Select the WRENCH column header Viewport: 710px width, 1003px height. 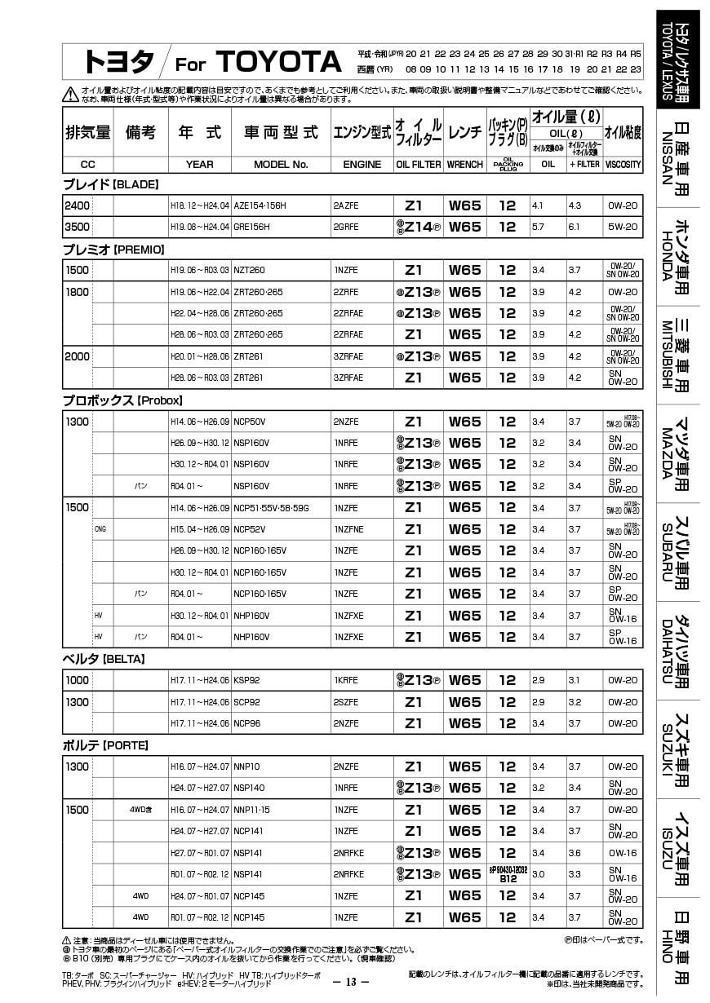[465, 164]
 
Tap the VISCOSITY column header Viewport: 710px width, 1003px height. [623, 164]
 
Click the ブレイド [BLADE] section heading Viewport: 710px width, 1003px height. [110, 184]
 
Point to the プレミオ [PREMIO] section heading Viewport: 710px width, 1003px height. [113, 249]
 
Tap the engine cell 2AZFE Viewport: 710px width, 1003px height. [345, 205]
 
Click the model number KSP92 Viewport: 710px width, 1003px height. [246, 680]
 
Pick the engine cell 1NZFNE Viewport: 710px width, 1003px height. [348, 529]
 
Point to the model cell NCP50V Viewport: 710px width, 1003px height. [248, 422]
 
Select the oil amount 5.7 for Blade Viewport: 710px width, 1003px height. [537, 227]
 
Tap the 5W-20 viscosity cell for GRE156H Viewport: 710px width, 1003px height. [623, 227]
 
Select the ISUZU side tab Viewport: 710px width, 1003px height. [677, 848]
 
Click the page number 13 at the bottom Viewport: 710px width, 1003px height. [352, 982]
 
